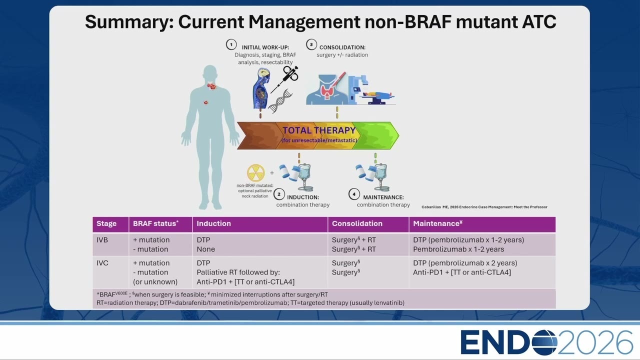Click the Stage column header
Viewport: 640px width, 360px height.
[x=106, y=223]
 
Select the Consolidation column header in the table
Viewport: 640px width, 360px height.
[x=357, y=223]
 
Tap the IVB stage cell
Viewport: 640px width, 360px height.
[x=102, y=240]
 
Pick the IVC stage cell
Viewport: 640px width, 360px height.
[x=102, y=263]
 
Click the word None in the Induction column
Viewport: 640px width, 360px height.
[x=205, y=249]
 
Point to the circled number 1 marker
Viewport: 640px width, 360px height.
[x=231, y=44]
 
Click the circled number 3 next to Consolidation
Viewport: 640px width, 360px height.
[x=311, y=44]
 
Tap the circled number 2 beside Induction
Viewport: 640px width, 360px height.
[x=279, y=194]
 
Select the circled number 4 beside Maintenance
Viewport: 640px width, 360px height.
[x=354, y=194]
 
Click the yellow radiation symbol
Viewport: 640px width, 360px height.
[x=255, y=173]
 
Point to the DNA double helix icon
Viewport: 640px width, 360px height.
[x=280, y=101]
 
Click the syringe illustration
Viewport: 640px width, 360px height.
[x=285, y=79]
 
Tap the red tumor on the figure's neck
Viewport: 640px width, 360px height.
[x=211, y=86]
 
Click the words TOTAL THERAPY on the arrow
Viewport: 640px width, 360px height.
[x=319, y=130]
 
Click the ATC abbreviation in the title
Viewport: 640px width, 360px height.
[x=539, y=21]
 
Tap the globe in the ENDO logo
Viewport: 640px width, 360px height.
[x=544, y=342]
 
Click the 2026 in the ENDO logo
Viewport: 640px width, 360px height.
[x=595, y=342]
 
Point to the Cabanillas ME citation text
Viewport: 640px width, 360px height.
[x=484, y=207]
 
